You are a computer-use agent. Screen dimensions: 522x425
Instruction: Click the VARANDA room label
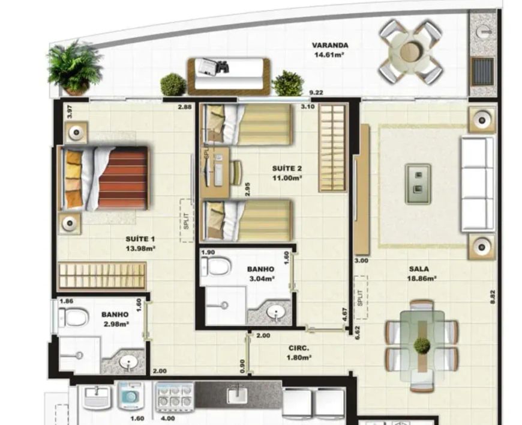coord(330,45)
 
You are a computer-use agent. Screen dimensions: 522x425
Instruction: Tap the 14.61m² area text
coord(329,54)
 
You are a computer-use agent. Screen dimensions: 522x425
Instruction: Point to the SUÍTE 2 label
coord(287,168)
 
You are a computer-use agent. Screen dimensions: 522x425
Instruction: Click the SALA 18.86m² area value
coord(422,278)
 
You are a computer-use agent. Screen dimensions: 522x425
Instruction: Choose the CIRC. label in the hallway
coord(299,348)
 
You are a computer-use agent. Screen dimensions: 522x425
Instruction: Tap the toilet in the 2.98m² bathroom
coord(74,317)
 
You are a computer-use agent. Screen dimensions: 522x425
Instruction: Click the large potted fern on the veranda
coord(74,68)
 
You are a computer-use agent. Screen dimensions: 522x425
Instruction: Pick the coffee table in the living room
coord(418,184)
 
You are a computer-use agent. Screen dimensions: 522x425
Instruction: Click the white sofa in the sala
coord(478,184)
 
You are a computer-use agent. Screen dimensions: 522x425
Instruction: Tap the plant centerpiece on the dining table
coord(422,345)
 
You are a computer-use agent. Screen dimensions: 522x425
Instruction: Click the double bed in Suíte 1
coord(103,179)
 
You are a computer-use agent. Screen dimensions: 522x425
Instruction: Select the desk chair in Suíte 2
coord(236,173)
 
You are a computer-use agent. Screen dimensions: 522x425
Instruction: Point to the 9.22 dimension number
coord(316,93)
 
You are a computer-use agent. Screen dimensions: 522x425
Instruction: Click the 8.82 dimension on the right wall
coord(493,297)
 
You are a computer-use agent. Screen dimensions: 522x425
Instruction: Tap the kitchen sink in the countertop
coord(237,396)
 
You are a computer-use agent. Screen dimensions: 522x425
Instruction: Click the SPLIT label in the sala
coord(360,298)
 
